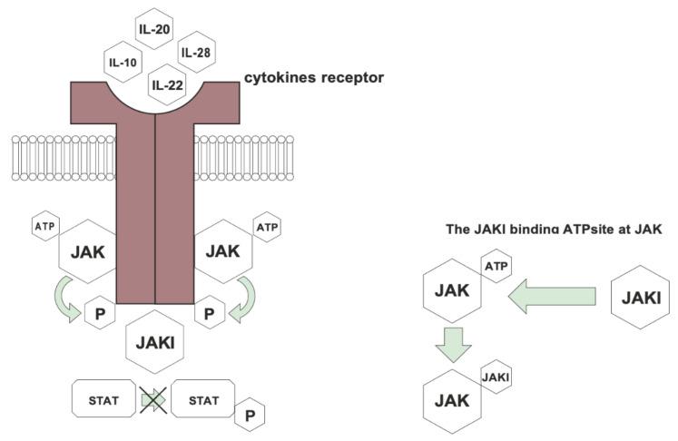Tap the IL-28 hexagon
point(195,53)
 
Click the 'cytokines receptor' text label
point(313,78)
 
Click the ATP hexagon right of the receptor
point(266,226)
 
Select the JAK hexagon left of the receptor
point(86,251)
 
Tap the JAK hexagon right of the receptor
point(223,251)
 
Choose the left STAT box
point(103,398)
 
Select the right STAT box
point(204,398)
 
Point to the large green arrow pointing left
point(552,297)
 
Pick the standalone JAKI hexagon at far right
point(642,297)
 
